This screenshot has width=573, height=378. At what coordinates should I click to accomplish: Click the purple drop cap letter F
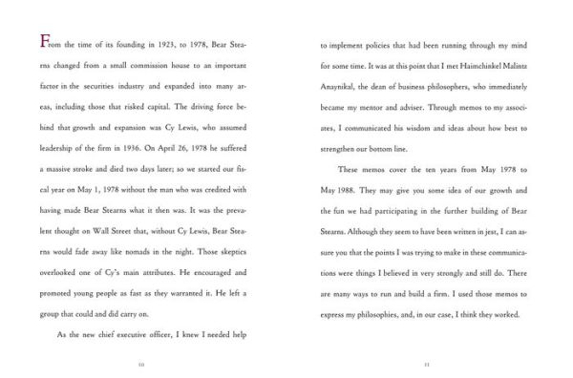34,41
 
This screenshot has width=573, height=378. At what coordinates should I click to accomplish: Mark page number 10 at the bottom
141,364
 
